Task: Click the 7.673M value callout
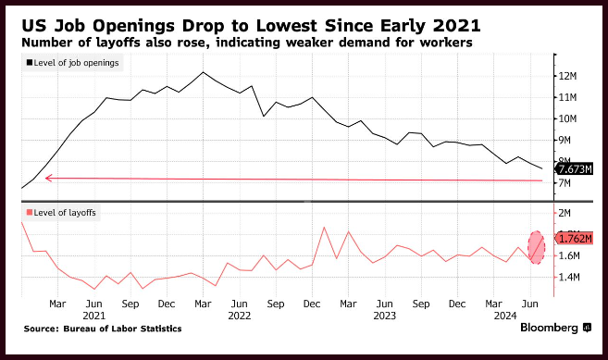[575, 169]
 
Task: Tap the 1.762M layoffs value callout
[575, 238]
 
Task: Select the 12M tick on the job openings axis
[567, 76]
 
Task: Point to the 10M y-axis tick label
[567, 118]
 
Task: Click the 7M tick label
[565, 182]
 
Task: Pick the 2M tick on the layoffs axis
[565, 213]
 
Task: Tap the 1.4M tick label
[569, 277]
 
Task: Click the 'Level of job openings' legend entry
[72, 63]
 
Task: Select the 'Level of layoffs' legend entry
[61, 213]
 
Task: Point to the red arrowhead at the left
[48, 179]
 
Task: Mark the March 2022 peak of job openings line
[203, 72]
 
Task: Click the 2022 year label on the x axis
[240, 316]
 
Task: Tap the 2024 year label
[505, 316]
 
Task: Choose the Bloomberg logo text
[549, 328]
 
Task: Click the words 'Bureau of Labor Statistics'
[122, 329]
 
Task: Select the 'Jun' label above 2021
[93, 304]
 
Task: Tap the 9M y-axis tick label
[565, 140]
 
